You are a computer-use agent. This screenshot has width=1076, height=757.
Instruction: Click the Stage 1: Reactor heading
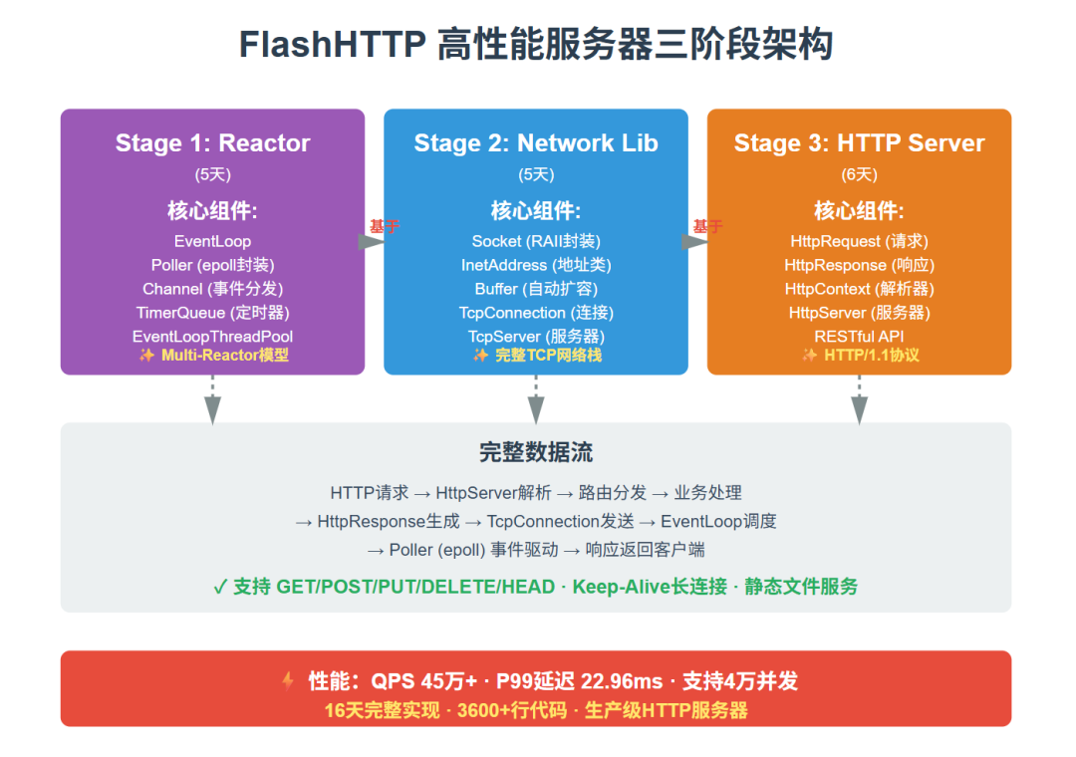tap(212, 143)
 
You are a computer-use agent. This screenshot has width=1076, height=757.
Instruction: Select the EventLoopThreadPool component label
tap(212, 337)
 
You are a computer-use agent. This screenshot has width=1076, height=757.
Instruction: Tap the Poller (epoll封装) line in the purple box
tap(212, 265)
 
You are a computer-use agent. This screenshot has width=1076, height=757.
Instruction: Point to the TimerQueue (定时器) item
tap(212, 313)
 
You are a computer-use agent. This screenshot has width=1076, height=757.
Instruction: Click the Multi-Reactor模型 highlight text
tap(224, 355)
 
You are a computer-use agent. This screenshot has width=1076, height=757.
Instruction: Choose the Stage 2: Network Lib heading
tap(536, 143)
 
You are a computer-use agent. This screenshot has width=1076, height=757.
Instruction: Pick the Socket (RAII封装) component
tap(536, 241)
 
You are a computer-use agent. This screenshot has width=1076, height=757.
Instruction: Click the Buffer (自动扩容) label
tap(536, 289)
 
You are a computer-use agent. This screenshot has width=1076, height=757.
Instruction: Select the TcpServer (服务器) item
tap(536, 337)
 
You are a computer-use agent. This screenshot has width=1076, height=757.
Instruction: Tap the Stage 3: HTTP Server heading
tap(859, 143)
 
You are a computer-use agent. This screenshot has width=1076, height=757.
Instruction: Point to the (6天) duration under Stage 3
tap(859, 174)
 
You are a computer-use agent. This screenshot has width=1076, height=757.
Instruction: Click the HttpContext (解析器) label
tap(859, 289)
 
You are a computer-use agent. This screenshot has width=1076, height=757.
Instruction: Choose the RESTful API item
tap(859, 337)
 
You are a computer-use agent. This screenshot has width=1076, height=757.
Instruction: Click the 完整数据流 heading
tap(536, 452)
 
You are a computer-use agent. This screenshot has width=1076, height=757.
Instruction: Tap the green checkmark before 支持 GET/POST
tap(220, 587)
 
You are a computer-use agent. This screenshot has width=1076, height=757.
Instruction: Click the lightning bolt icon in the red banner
tap(288, 681)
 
